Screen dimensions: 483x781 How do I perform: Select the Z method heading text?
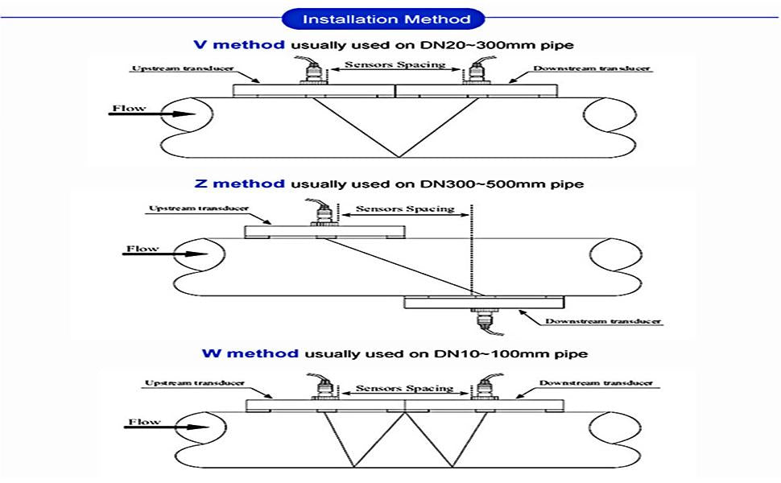(240, 184)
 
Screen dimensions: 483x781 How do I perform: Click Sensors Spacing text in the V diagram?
(395, 64)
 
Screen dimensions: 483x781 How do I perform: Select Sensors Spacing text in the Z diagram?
(406, 208)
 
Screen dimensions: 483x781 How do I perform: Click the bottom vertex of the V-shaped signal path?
(396, 156)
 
